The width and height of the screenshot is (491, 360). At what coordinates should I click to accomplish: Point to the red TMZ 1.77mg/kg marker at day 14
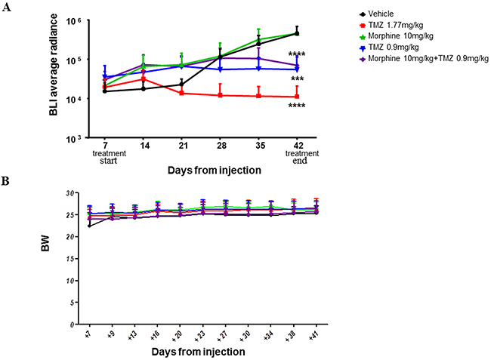[141, 78]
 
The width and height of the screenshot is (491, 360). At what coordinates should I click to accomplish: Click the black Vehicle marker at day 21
[181, 85]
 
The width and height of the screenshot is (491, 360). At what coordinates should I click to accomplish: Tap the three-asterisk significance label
[297, 79]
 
